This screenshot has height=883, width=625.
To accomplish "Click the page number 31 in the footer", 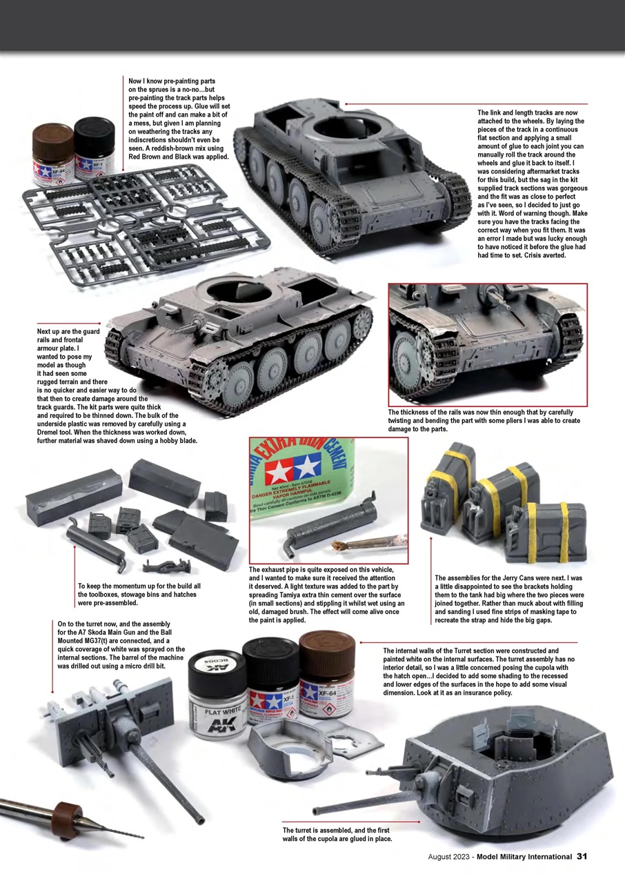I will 582,857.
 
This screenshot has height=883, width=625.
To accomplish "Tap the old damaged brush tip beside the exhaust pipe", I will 341,545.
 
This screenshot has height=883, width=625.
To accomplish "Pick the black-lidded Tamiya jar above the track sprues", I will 94,148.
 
